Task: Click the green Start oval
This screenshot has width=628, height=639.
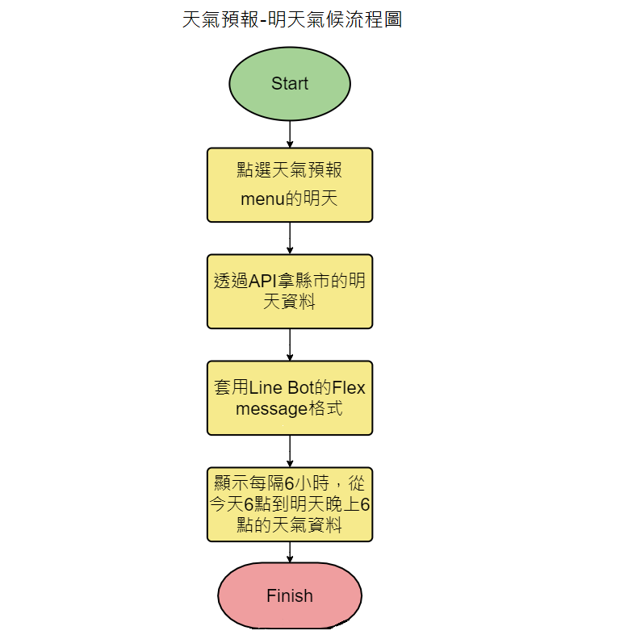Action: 290,84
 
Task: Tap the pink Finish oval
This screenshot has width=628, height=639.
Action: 290,596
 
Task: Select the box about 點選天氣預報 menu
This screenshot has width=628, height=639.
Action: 290,184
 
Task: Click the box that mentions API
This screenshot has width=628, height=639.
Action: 290,291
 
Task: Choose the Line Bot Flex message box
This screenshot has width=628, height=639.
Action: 290,398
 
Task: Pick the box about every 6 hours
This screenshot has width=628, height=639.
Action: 290,504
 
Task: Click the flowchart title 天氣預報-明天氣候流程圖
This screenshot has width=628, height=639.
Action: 292,19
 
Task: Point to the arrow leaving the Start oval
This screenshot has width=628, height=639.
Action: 290,134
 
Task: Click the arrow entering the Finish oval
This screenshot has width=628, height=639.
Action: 290,552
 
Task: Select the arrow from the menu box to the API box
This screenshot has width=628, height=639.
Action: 290,238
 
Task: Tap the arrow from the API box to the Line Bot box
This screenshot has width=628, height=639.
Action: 290,345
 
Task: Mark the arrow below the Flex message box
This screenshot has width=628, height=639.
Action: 290,451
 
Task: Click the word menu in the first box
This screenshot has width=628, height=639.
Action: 265,199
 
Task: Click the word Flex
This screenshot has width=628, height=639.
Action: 349,388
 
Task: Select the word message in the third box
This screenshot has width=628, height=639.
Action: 270,409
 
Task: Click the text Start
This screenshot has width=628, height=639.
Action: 290,84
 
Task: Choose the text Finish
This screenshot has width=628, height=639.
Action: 290,596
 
